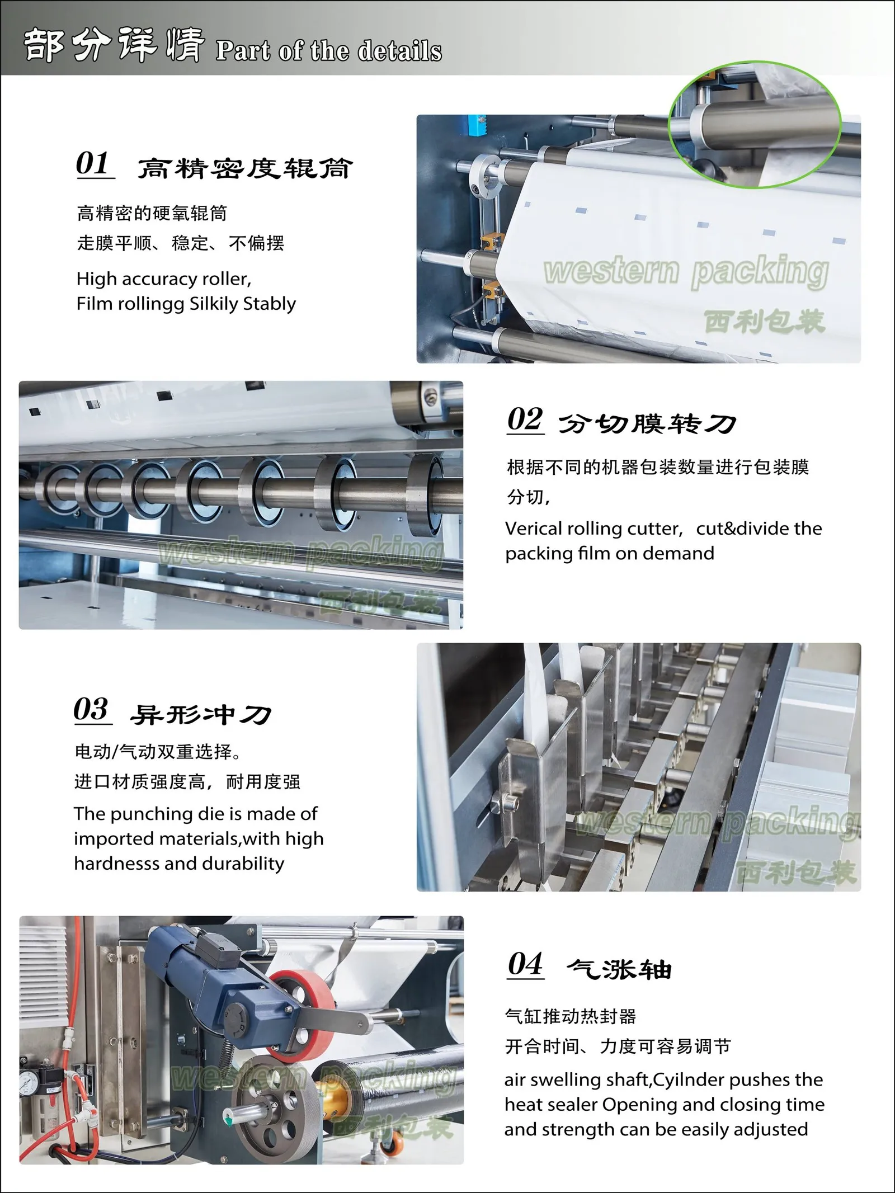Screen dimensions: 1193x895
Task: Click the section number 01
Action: (93, 163)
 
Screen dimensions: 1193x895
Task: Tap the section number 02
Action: (525, 419)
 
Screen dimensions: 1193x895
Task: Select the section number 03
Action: (91, 710)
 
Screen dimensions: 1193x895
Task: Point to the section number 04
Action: (525, 964)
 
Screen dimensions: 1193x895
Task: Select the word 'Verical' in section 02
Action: (533, 529)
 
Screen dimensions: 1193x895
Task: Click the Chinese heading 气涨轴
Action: (619, 969)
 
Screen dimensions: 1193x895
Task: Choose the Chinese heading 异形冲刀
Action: (200, 715)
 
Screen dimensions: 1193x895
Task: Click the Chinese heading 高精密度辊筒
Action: (244, 168)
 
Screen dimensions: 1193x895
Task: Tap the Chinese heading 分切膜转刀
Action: (647, 425)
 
